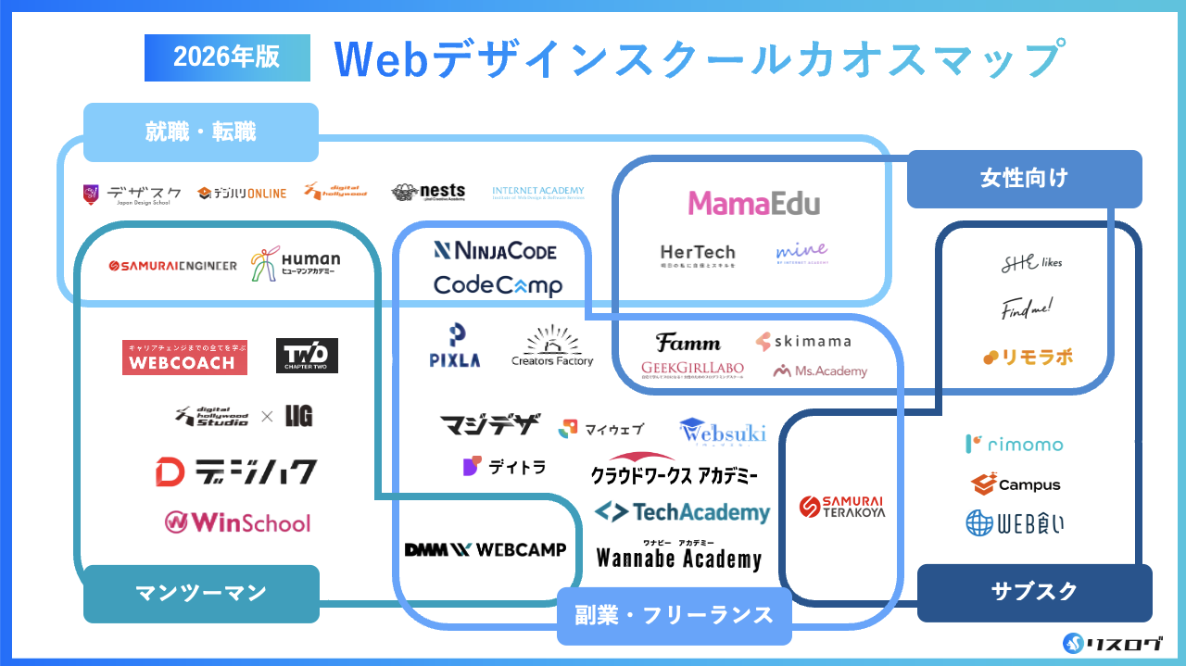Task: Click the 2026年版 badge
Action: [227, 57]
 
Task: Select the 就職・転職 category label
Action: [200, 132]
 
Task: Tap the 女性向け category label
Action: [1024, 178]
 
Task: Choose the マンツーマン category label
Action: [201, 593]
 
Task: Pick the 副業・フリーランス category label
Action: [674, 614]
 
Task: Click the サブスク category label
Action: [1034, 592]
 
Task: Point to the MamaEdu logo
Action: [753, 203]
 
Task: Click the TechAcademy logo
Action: [682, 512]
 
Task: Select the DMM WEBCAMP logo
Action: [486, 549]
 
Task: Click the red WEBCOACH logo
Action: [184, 358]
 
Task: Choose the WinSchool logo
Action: [237, 522]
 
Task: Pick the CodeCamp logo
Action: [498, 284]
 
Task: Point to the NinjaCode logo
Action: [495, 250]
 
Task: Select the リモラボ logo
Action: [1028, 357]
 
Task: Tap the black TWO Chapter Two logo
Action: [307, 356]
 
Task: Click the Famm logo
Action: [688, 343]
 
